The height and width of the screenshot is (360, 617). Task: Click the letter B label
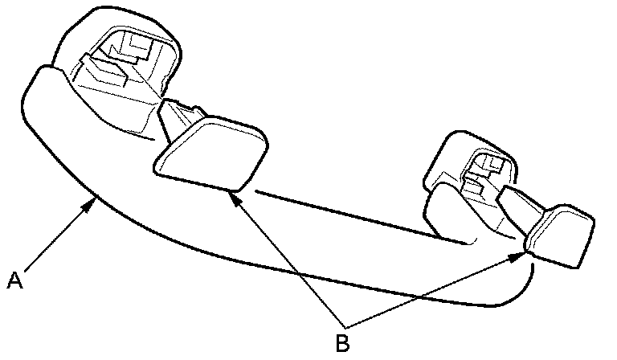pos(342,343)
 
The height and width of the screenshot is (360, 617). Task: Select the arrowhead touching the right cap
pos(525,252)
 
